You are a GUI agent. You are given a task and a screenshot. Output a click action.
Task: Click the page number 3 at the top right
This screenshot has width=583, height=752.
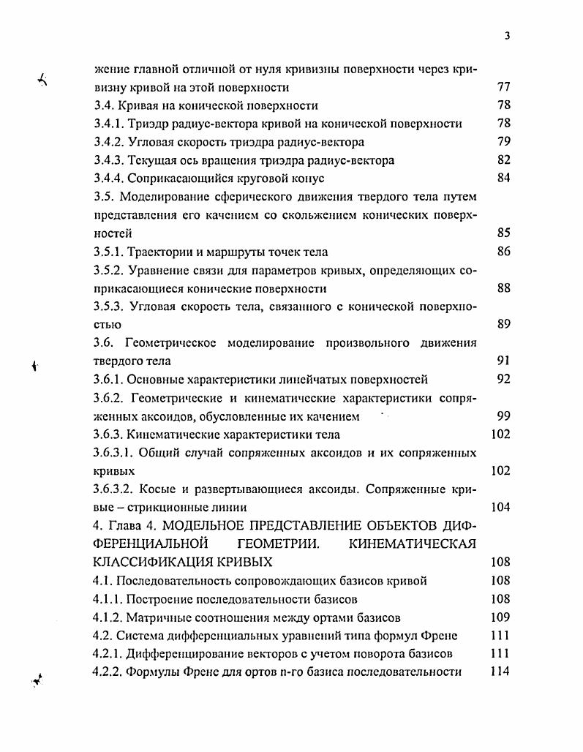click(x=506, y=37)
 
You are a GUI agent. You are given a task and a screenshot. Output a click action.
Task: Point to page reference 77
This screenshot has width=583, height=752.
click(x=503, y=87)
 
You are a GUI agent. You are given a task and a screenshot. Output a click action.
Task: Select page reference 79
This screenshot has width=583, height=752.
click(x=503, y=142)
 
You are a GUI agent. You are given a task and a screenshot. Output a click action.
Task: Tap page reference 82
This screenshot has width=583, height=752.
click(x=503, y=160)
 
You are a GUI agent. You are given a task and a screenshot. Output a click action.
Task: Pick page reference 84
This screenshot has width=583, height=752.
click(x=503, y=178)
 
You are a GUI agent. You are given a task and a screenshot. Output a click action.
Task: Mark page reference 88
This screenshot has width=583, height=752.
click(x=503, y=288)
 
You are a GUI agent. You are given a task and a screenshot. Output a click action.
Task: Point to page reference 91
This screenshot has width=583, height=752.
click(x=503, y=361)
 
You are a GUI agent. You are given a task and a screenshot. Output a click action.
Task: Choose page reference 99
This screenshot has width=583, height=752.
click(x=503, y=416)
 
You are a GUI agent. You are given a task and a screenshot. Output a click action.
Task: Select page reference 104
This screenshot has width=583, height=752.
click(x=500, y=508)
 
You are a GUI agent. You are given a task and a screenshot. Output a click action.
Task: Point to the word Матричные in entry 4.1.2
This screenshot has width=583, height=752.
click(x=157, y=617)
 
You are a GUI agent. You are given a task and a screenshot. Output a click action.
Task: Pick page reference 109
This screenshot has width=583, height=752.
click(x=500, y=617)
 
